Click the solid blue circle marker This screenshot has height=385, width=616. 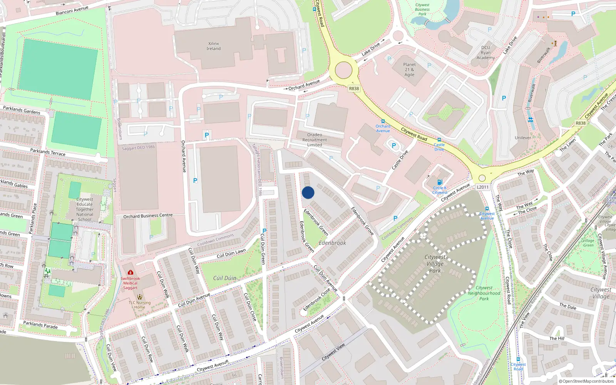308,192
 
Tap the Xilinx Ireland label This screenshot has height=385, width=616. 213,46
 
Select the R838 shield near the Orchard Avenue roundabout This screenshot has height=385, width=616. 354,89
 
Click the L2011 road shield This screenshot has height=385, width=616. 482,187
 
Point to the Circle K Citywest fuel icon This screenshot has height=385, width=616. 440,182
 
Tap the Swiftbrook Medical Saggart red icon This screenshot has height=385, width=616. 131,273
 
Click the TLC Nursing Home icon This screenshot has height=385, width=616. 139,297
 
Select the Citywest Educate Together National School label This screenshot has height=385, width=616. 85,209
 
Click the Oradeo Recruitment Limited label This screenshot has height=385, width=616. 315,140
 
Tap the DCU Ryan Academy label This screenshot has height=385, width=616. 485,53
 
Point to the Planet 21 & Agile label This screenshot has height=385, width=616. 409,70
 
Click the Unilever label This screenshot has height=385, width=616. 523,138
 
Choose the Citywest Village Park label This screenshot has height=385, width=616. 435,264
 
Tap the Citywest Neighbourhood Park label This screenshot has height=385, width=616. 484,293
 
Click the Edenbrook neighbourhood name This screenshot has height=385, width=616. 332,243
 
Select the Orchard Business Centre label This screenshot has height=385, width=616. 148,216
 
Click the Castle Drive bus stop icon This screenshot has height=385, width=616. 439,140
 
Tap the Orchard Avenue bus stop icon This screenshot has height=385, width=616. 383,121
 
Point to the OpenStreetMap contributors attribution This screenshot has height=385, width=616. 586,382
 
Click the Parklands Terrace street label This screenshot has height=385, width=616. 48,152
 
